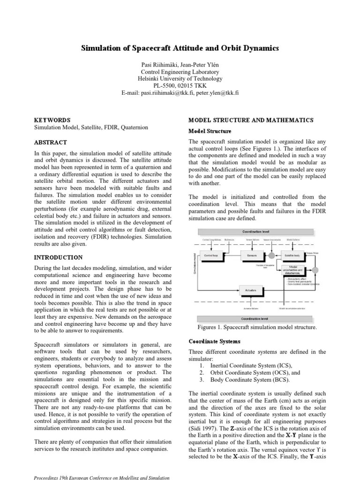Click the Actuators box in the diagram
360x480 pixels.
[x=251, y=291]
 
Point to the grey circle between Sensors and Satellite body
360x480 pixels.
[x=272, y=256]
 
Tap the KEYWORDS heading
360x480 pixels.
[x=52, y=120]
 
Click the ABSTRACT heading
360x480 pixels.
[x=51, y=142]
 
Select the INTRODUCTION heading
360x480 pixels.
[x=59, y=258]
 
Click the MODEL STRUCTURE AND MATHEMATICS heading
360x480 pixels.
[x=251, y=120]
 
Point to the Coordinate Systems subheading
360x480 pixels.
[x=214, y=341]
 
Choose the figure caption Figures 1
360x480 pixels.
[x=257, y=327]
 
